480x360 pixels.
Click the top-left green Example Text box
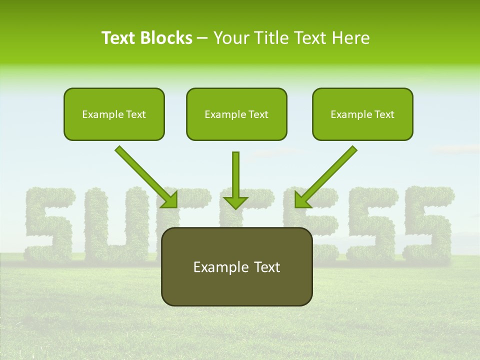(x=114, y=114)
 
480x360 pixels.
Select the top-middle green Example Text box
(x=236, y=114)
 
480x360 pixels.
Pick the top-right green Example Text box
(x=362, y=114)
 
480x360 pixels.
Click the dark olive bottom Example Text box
(x=237, y=266)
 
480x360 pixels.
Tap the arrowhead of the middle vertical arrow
(x=235, y=202)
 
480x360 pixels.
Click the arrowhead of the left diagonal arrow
(x=170, y=200)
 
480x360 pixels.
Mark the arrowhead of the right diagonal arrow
(x=302, y=200)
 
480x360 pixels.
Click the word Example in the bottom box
(x=216, y=267)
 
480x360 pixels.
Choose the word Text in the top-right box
(x=383, y=114)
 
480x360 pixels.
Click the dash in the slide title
(x=202, y=38)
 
